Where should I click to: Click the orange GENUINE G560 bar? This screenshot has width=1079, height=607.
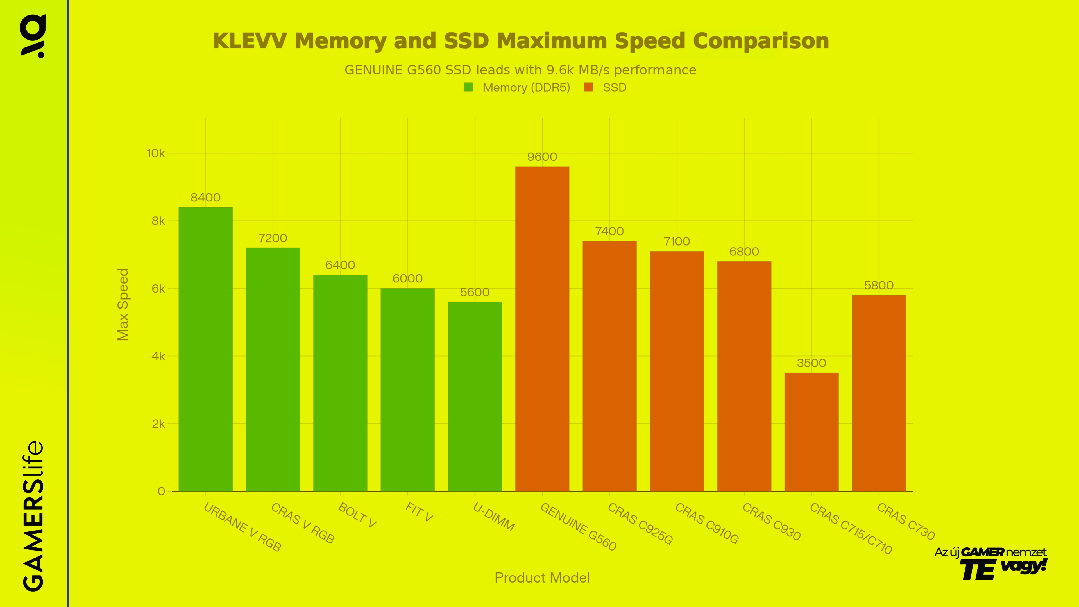pos(542,329)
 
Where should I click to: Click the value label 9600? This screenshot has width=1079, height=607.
pos(542,157)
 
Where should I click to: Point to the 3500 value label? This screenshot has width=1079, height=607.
pos(811,363)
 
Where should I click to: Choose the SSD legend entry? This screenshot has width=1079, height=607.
pos(614,88)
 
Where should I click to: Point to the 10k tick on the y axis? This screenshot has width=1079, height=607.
pos(156,153)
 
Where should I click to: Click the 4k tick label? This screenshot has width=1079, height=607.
pos(158,357)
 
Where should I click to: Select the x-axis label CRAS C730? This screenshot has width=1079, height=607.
pos(906,522)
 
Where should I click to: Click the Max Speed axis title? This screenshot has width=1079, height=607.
pos(123,305)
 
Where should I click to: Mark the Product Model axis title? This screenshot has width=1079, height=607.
pos(542,578)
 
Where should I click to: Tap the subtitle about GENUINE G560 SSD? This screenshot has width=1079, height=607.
pos(520,70)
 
